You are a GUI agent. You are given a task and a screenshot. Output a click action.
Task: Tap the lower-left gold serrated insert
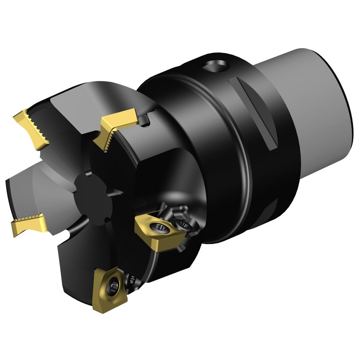coord(28,223)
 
